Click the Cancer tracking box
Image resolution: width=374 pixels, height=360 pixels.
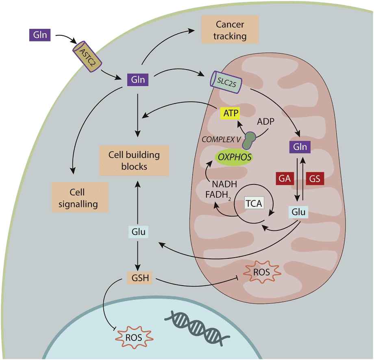(230, 30)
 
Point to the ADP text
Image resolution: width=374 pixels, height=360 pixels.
(266, 122)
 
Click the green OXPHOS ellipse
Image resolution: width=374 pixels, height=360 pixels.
(234, 156)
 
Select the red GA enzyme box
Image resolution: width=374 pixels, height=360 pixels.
(285, 178)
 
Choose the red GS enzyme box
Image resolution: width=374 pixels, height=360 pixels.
(315, 178)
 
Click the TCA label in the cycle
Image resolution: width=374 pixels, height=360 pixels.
(254, 203)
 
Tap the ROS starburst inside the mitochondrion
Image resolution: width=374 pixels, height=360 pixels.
(261, 271)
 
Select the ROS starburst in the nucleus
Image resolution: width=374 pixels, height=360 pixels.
(134, 337)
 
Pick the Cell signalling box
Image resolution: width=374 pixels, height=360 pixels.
(80, 197)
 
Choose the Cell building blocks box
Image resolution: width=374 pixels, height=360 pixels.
(134, 160)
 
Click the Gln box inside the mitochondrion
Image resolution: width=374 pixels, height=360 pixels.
(300, 146)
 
